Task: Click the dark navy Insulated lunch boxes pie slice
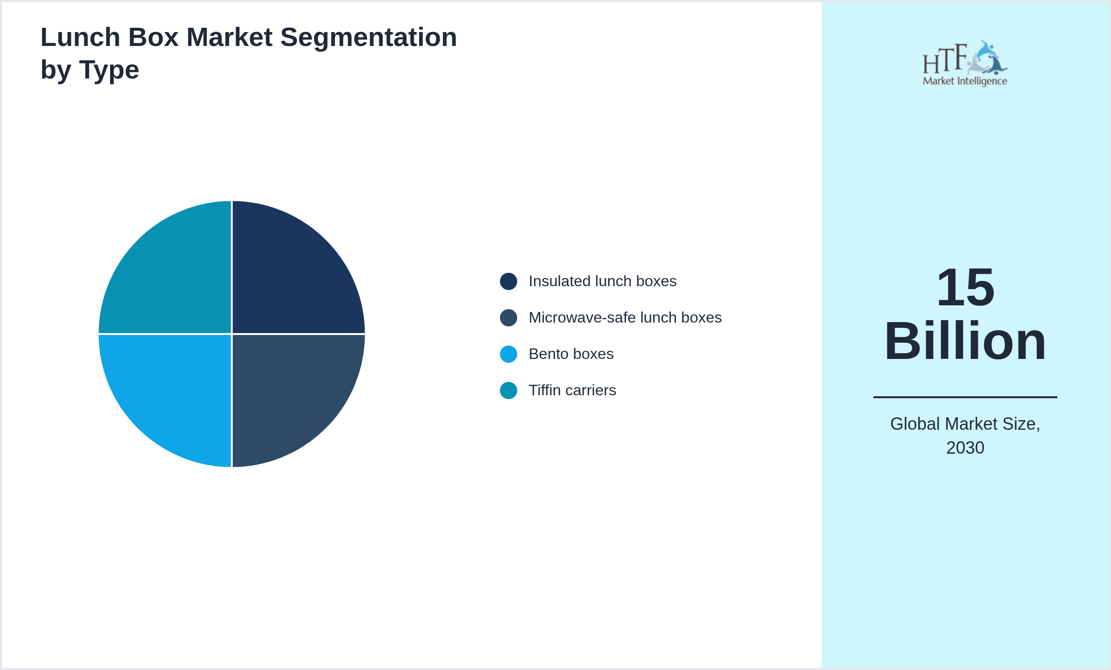[287, 278]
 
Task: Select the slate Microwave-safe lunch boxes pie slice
[287, 390]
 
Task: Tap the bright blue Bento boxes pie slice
[176, 390]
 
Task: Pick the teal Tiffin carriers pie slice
[176, 278]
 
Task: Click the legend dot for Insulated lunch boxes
[509, 281]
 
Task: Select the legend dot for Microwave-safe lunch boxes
[509, 318]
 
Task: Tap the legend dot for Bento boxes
[509, 354]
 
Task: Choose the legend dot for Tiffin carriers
[509, 391]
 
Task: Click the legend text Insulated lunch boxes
[602, 281]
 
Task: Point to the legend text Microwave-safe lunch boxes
[625, 318]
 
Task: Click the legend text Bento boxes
[571, 354]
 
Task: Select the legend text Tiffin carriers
[572, 391]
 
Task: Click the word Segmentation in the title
[369, 38]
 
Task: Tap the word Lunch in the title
[80, 37]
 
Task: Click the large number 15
[965, 288]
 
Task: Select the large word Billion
[965, 341]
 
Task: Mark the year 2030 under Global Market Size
[965, 448]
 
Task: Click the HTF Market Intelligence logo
[965, 64]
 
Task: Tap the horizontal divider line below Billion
[965, 397]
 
